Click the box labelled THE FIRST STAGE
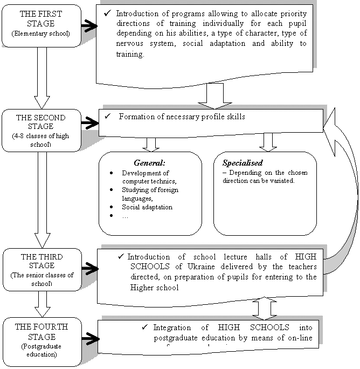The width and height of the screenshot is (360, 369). click(x=41, y=24)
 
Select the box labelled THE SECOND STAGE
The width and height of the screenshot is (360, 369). click(x=41, y=129)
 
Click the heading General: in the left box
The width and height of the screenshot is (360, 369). click(x=149, y=162)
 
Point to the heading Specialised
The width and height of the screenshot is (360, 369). click(x=243, y=162)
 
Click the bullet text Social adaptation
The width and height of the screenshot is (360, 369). click(x=147, y=207)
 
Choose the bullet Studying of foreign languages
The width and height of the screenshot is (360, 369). click(x=150, y=194)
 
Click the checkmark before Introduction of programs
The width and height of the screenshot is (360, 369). click(x=107, y=13)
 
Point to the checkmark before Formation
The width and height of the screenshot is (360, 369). click(x=107, y=116)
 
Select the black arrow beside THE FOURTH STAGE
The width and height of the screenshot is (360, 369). click(x=89, y=340)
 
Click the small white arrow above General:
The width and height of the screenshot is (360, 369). click(x=151, y=143)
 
